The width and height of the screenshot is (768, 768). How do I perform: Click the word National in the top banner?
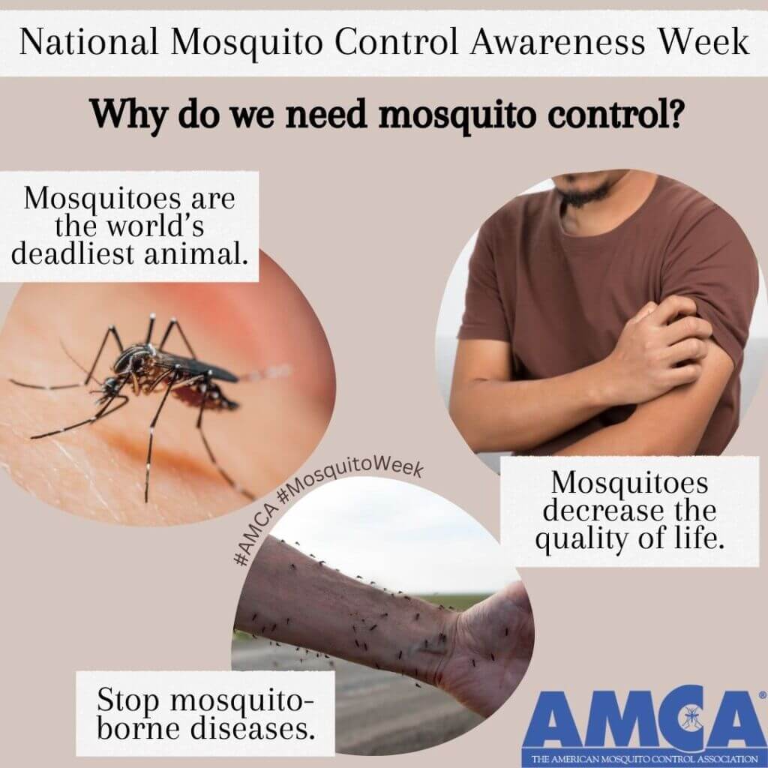click(88, 42)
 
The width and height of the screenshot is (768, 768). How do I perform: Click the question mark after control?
click(673, 112)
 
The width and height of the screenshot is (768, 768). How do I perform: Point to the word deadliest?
click(73, 253)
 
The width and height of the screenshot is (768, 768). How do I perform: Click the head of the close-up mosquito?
click(112, 386)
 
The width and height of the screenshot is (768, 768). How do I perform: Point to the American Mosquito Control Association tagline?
click(644, 759)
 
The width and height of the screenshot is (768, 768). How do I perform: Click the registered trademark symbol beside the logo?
click(763, 694)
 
